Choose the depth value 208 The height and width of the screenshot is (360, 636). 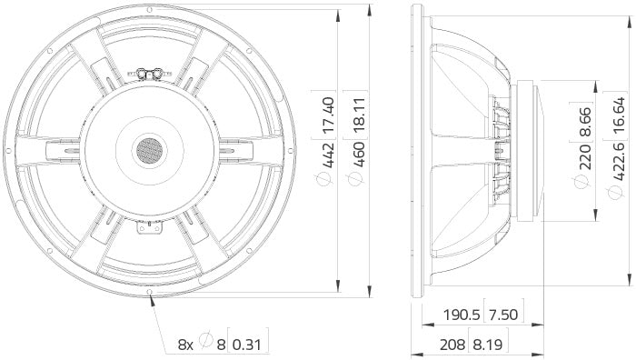tap(453, 345)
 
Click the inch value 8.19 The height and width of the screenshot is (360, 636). tap(487, 345)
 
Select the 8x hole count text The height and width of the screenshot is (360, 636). tap(184, 345)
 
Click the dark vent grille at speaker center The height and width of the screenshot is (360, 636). tap(149, 150)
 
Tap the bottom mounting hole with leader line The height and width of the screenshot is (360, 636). tap(150, 293)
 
